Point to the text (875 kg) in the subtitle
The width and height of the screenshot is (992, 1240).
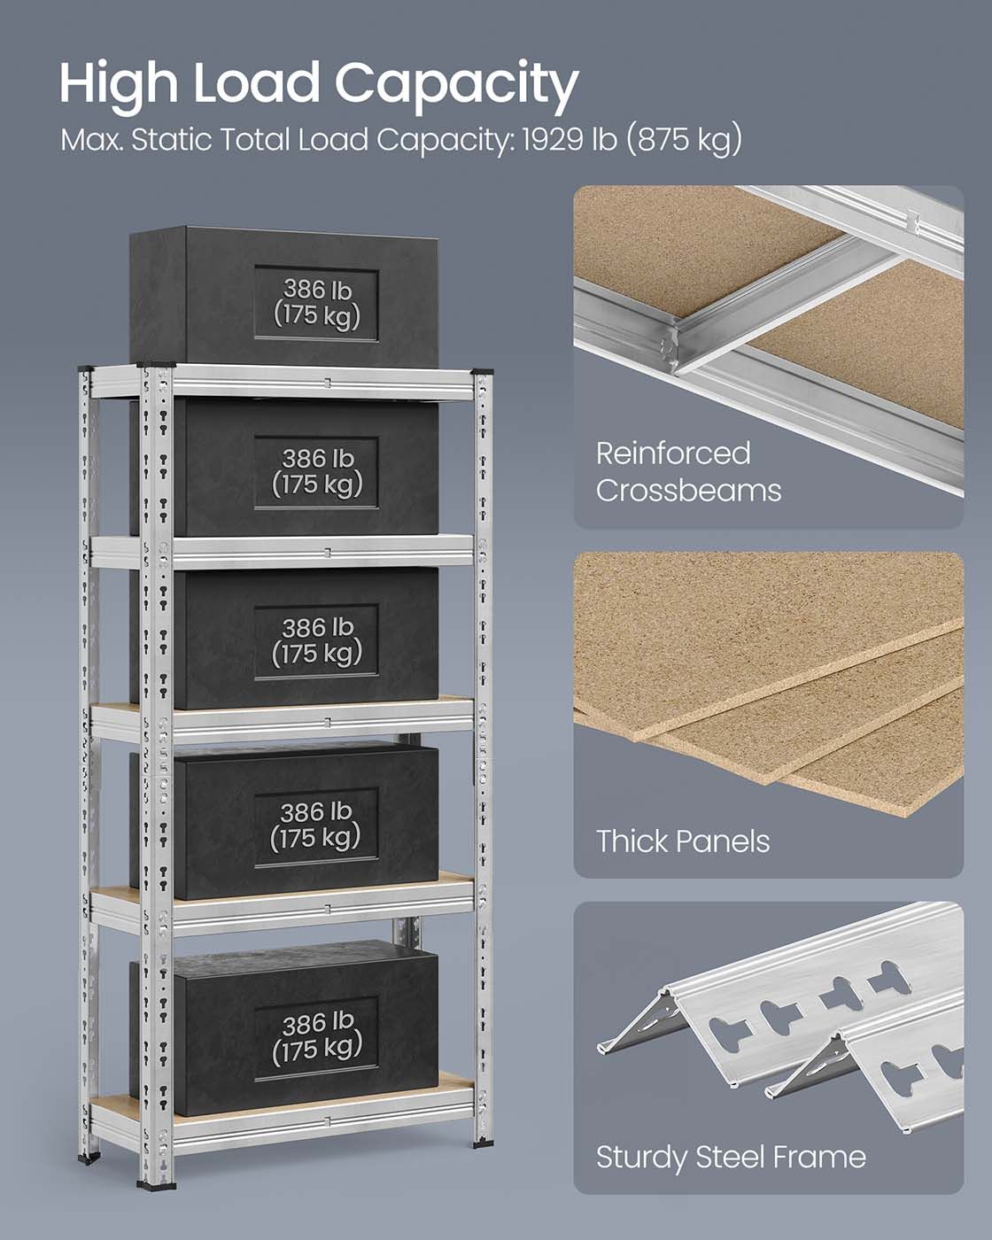684,141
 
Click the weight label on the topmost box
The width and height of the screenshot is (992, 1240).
316,303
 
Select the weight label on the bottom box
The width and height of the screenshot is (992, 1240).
316,1038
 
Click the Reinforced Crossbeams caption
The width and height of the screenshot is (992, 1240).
688,472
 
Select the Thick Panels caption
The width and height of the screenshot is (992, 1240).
683,841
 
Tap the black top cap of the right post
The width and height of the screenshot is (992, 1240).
483,372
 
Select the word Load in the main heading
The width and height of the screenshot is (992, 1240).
256,83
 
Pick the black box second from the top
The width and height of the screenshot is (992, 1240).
284,467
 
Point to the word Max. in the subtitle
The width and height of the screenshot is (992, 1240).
91,140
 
